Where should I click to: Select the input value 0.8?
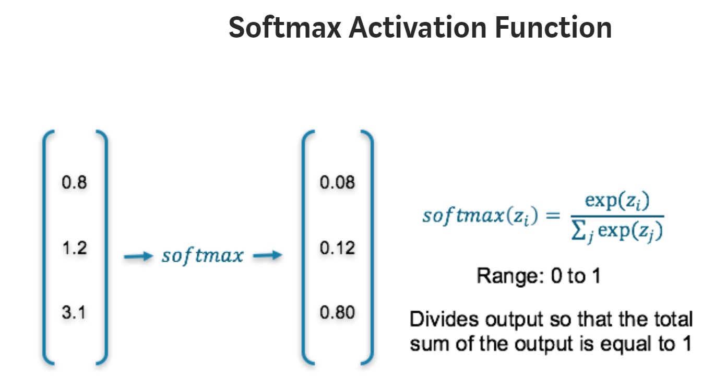74,183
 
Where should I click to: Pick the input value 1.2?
74,248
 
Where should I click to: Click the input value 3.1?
74,313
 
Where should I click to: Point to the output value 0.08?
337,183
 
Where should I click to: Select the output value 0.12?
337,248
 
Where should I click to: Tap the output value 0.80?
337,313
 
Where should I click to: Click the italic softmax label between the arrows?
202,256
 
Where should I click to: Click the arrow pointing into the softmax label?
137,256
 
